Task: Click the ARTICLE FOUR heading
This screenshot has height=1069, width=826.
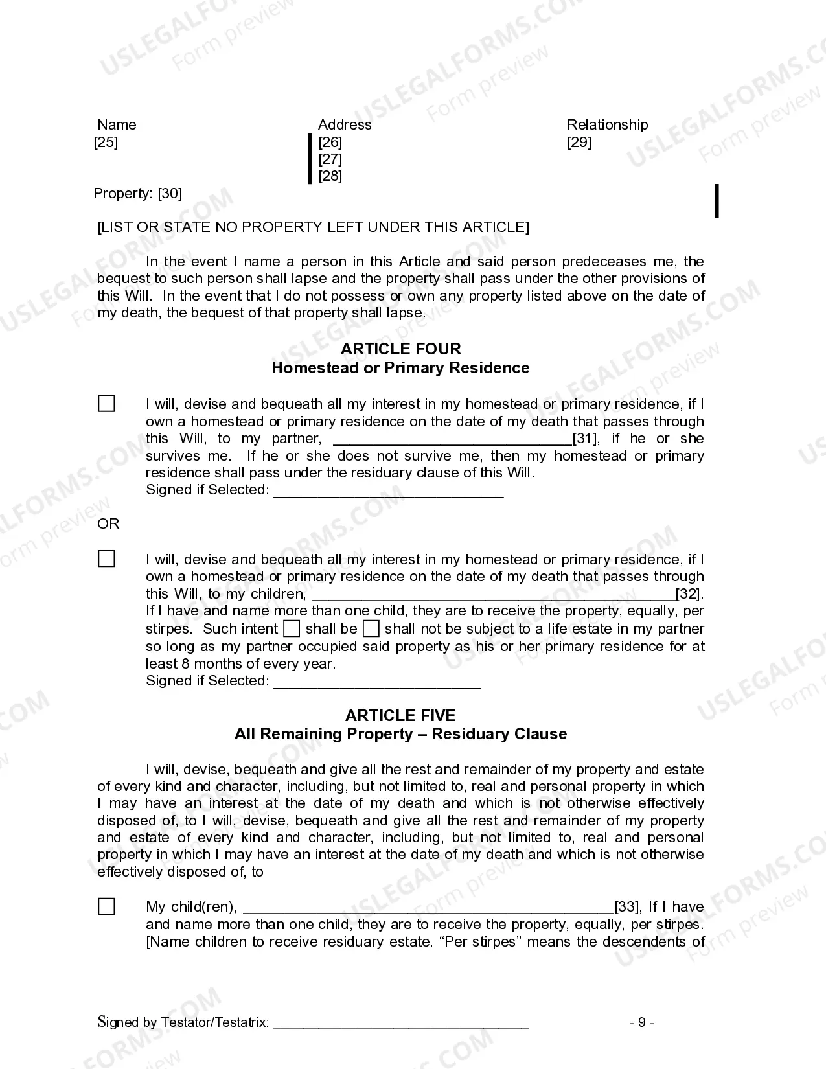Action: tap(400, 349)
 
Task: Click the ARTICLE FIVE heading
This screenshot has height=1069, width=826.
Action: tap(400, 715)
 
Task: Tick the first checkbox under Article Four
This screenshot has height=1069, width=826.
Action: tap(106, 404)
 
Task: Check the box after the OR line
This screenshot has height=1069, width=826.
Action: tap(106, 558)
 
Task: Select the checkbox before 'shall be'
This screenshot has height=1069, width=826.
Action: tap(292, 628)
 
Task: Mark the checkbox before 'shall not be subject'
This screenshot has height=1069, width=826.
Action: tap(371, 628)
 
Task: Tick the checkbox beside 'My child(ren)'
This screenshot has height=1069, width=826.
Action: tap(106, 906)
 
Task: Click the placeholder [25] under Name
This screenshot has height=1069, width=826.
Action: tap(106, 142)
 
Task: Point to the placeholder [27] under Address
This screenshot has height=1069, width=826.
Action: tap(330, 159)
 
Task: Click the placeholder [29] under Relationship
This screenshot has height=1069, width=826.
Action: tap(579, 142)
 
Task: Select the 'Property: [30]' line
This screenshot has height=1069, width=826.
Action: tap(137, 193)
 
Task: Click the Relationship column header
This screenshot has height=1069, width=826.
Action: tap(607, 124)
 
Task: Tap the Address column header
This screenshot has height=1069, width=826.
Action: tap(345, 124)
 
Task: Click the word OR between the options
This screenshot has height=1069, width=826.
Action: tap(108, 523)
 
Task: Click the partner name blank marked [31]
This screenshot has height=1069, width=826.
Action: tap(452, 439)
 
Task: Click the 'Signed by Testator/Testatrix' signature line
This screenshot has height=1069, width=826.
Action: tap(400, 1023)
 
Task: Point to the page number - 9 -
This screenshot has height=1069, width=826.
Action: tap(641, 1022)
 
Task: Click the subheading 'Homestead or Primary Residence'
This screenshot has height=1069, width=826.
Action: tap(400, 368)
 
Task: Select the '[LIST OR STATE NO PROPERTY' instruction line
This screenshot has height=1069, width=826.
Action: tap(313, 227)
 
